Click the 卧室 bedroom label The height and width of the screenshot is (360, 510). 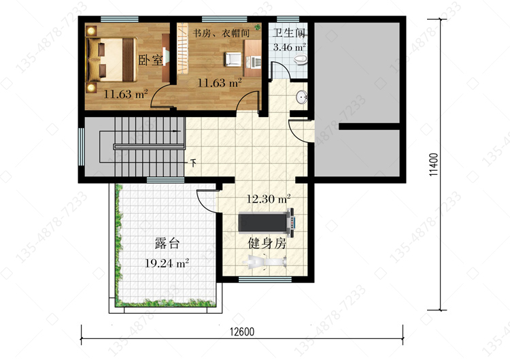(x=150, y=60)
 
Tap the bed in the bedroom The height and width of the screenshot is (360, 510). (x=112, y=60)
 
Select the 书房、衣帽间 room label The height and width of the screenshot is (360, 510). (x=221, y=33)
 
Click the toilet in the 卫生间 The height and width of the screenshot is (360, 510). (x=300, y=59)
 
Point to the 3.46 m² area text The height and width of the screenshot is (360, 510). (x=289, y=47)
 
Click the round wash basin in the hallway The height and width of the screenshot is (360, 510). (x=301, y=97)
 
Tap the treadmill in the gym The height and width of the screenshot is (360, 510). (x=267, y=223)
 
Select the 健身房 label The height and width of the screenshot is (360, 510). (x=267, y=243)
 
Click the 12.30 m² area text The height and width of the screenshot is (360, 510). (x=269, y=199)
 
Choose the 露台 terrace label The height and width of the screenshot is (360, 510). (x=167, y=243)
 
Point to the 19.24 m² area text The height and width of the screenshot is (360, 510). (x=167, y=263)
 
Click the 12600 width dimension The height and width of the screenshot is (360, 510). (x=242, y=331)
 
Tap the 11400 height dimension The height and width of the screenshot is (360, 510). (x=433, y=165)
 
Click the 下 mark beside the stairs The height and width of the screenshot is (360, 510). (x=193, y=162)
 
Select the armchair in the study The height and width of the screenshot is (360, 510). (x=233, y=59)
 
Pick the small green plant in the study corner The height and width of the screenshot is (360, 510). (x=257, y=27)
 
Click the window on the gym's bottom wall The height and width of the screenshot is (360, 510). (x=265, y=279)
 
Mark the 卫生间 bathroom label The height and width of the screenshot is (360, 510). (x=289, y=33)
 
